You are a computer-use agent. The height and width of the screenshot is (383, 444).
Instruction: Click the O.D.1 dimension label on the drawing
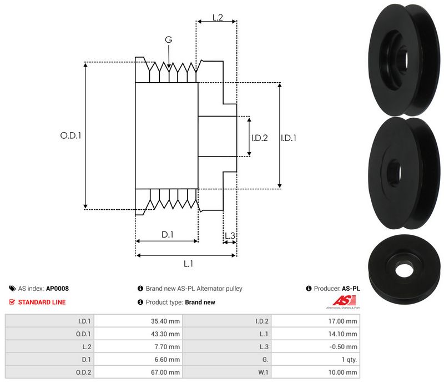tap(70, 135)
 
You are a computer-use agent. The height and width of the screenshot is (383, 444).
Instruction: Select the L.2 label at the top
tap(217, 18)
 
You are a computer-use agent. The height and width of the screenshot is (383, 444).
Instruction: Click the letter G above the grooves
tap(169, 40)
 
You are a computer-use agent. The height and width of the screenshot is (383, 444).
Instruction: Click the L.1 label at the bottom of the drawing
tap(188, 264)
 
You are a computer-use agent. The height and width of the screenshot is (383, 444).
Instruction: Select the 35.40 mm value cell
tap(167, 320)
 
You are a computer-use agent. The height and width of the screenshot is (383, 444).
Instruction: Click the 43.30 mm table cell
tap(167, 334)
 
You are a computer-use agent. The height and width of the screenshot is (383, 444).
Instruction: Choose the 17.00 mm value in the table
tap(345, 320)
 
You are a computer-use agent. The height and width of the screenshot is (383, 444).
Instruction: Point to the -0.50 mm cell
tap(345, 346)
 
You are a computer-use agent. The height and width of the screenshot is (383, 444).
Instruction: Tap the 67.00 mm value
tap(167, 372)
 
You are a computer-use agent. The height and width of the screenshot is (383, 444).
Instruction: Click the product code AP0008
tap(57, 289)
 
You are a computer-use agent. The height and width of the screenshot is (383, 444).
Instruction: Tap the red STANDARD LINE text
tap(42, 303)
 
